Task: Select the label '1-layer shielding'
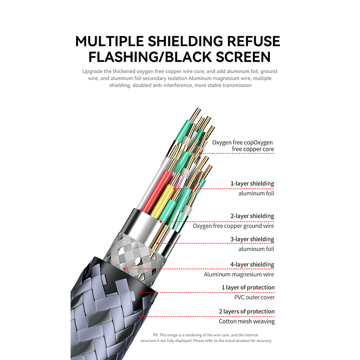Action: click(x=252, y=184)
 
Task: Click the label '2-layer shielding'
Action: click(x=252, y=216)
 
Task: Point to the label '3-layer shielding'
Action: click(x=252, y=239)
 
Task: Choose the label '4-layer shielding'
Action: click(x=252, y=264)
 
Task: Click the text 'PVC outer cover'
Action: click(x=254, y=297)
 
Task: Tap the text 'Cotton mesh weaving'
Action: click(x=247, y=321)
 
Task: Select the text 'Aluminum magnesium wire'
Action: click(x=239, y=274)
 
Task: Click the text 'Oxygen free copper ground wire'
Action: click(x=233, y=226)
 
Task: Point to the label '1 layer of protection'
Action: click(x=248, y=287)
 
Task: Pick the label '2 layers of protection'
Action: click(x=247, y=311)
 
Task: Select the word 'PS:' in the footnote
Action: click(x=156, y=335)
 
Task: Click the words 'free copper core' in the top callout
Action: click(x=253, y=149)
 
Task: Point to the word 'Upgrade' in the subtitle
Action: click(x=92, y=72)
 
